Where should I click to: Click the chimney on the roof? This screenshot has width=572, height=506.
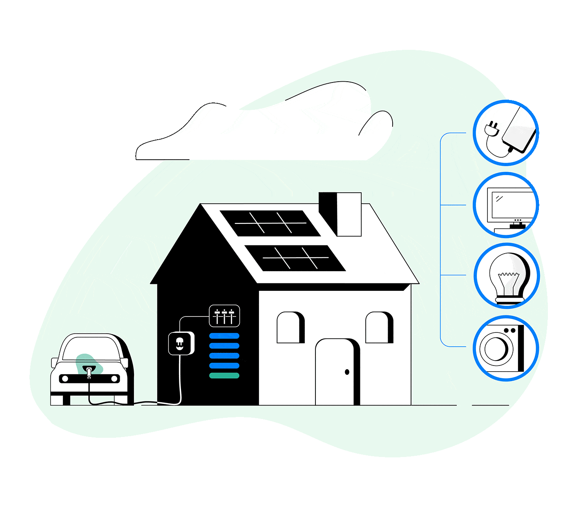coord(340,214)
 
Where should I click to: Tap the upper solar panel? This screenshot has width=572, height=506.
coord(270,223)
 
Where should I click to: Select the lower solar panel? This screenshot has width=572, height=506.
coord(295,258)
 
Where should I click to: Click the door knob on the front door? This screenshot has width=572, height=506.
coord(347,372)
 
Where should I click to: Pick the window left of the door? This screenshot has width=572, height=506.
coord(289,328)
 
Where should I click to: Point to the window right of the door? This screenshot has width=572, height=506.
coord(378,328)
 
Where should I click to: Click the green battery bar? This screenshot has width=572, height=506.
coord(224,375)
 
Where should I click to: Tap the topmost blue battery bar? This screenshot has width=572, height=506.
coord(224,336)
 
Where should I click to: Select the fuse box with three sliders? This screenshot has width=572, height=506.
coord(224,316)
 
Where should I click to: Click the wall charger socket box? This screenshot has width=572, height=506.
coord(180,343)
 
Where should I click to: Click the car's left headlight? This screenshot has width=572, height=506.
coord(65,379)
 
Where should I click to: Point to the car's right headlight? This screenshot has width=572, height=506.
coord(114,379)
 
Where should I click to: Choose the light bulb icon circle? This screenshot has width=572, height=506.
coord(507,276)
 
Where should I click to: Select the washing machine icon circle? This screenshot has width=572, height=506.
coord(506,348)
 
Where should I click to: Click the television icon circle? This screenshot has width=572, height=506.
coord(506,205)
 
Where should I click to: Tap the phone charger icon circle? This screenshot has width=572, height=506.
coord(506,133)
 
